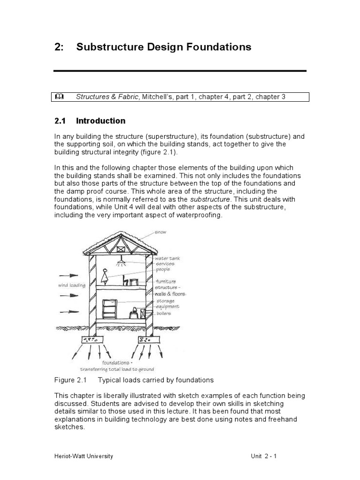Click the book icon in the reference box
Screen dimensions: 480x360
(60, 97)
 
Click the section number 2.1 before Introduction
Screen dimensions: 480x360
(60, 121)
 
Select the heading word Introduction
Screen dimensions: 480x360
(101, 121)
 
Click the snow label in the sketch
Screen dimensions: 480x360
(160, 232)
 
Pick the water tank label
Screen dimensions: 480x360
(167, 258)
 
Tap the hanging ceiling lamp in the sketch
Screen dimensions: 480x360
(121, 259)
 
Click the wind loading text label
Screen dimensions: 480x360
(71, 285)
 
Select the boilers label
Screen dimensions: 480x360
(164, 313)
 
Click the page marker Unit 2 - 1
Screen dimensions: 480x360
(263, 456)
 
